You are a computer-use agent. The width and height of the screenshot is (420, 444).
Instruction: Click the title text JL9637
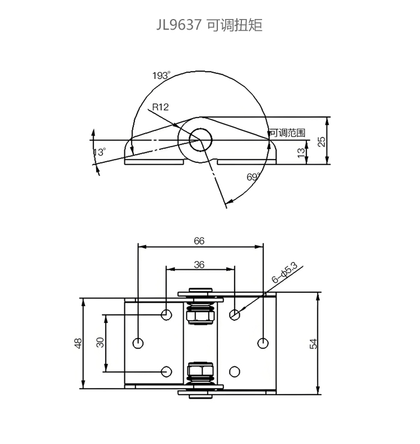179,25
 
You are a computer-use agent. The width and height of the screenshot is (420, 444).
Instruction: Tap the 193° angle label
161,76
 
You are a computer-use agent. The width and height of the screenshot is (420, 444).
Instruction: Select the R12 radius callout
160,107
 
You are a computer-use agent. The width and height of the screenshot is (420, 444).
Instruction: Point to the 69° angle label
253,177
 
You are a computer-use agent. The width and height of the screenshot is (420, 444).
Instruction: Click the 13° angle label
100,152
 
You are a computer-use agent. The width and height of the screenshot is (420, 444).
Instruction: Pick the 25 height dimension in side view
321,142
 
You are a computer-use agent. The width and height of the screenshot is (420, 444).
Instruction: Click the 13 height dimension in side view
301,153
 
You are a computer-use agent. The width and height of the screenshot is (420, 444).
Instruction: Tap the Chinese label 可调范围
287,133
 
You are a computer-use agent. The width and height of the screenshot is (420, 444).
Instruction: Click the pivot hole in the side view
200,140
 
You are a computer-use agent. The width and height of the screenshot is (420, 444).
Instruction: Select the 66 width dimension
199,241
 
